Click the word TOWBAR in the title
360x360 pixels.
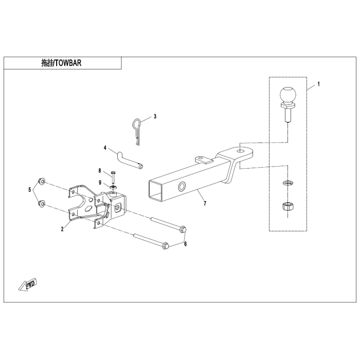click(68, 63)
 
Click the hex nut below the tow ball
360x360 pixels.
click(286, 207)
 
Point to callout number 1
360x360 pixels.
click(318, 84)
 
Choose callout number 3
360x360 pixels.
click(155, 116)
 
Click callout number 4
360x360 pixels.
click(105, 148)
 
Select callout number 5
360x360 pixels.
click(30, 190)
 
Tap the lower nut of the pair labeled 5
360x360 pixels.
click(42, 204)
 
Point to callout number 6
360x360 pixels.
click(186, 244)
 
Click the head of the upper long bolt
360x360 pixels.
click(183, 229)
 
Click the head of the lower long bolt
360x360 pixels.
click(166, 246)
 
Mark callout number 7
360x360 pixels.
click(205, 203)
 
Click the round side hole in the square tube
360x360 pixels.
click(182, 186)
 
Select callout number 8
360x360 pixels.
click(100, 171)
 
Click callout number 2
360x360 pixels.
click(62, 229)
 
